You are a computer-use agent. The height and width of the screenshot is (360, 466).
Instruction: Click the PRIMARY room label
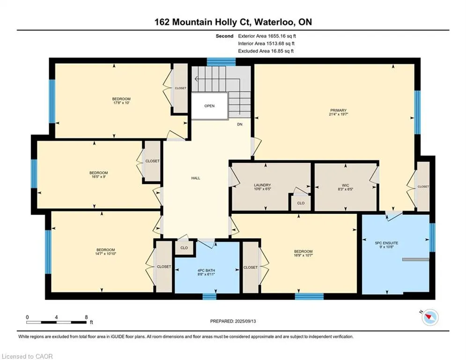click(338, 110)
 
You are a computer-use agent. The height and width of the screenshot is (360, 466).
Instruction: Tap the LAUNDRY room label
click(262, 185)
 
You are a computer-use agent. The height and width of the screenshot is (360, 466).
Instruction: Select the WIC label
click(345, 185)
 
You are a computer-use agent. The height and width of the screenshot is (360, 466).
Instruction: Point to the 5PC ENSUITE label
click(386, 243)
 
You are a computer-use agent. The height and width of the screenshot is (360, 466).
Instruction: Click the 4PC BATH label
click(206, 270)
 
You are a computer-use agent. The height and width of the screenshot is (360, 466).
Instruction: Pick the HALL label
click(196, 178)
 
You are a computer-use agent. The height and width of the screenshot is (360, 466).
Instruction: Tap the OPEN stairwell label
click(209, 106)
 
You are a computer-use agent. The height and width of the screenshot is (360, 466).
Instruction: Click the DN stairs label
click(239, 124)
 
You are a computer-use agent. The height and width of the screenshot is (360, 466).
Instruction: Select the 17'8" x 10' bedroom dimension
click(121, 103)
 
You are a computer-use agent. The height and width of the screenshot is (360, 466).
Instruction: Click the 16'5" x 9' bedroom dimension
click(99, 176)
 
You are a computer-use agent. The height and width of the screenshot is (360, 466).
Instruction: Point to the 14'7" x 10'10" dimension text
click(105, 254)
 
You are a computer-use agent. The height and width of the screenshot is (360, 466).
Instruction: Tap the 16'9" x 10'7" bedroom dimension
click(303, 255)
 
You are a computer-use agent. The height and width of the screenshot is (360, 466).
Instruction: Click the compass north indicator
click(430, 317)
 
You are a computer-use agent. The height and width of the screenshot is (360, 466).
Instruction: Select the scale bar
click(57, 322)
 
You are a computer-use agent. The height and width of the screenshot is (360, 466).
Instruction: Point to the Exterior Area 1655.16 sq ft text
click(267, 36)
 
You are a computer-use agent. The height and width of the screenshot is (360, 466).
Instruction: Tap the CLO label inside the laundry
click(301, 203)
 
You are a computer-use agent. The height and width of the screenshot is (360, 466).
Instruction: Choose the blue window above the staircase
click(221, 61)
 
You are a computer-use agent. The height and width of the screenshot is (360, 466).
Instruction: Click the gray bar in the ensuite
click(415, 259)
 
